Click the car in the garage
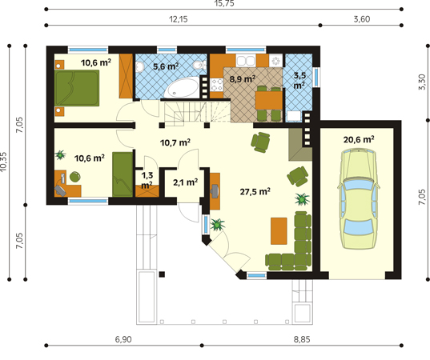(358, 199)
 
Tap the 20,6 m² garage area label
(359, 140)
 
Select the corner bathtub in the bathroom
(183, 87)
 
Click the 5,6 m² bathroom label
(166, 66)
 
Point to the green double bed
(77, 88)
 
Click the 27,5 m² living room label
(255, 191)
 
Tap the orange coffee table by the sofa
(279, 231)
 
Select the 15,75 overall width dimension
(224, 3)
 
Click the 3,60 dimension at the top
(362, 19)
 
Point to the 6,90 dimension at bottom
(123, 339)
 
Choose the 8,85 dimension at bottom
(302, 339)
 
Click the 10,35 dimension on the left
(3, 162)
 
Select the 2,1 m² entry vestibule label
(186, 182)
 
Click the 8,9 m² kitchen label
(243, 79)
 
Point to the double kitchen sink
(246, 61)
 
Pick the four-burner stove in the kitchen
(217, 85)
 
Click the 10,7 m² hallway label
(175, 142)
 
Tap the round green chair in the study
(74, 177)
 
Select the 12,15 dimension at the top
(179, 19)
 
